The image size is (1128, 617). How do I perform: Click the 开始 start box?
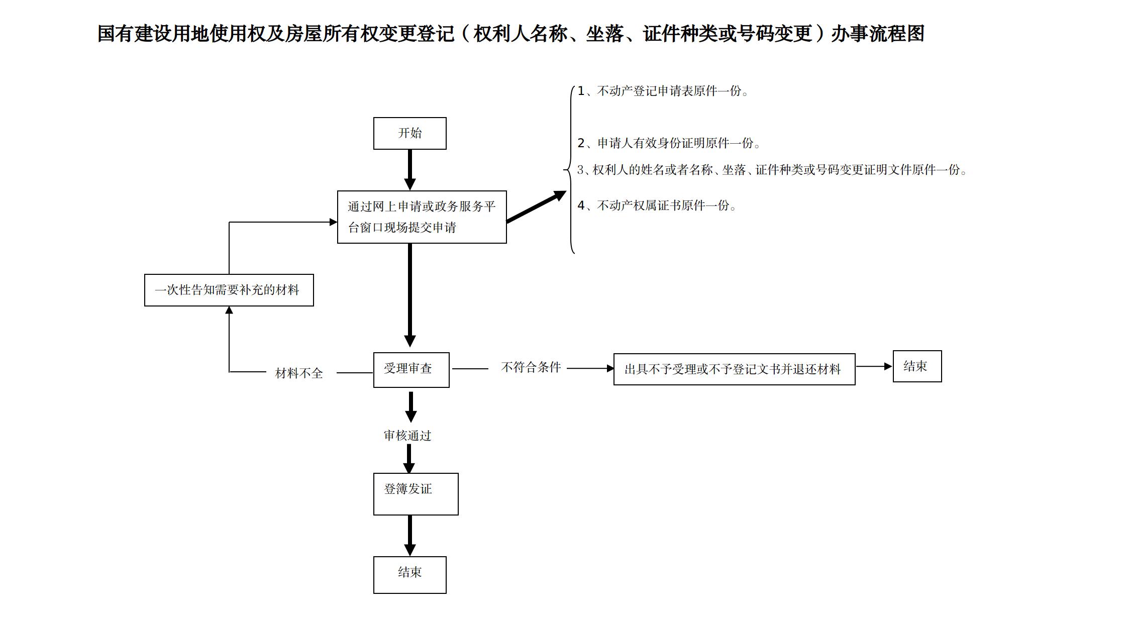coord(409,133)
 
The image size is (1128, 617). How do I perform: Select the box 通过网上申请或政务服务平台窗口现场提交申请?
coord(422,217)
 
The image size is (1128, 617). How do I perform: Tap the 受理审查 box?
coord(411,370)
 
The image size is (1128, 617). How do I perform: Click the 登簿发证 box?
coord(416,493)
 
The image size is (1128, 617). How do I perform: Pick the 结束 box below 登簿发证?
coord(409,574)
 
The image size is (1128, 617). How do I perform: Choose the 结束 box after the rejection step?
coord(916,366)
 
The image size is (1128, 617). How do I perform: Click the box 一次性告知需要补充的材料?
coord(229,290)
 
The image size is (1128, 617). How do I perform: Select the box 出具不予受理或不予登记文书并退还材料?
coord(734,369)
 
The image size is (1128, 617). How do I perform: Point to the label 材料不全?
coord(299,373)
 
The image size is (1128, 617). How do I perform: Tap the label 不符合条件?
coord(531,367)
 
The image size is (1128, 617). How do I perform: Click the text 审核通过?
coord(407,436)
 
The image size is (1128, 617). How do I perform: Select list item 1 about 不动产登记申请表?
coord(663,91)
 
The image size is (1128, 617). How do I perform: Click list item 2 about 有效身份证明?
coord(669,143)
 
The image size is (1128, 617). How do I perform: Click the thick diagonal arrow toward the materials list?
coord(536,207)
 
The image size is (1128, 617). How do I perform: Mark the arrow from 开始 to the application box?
coord(409,169)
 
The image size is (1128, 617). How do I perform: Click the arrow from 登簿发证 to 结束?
coord(409,535)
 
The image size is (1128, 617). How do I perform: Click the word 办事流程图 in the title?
coord(877,34)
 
